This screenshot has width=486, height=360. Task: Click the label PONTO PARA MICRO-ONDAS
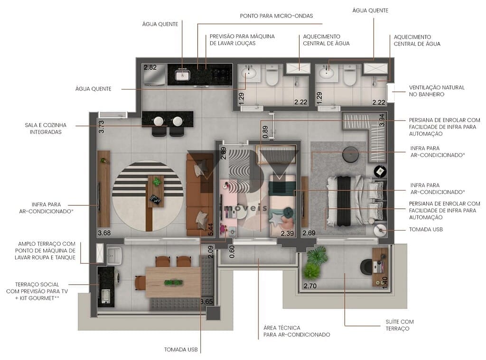[x=276, y=16]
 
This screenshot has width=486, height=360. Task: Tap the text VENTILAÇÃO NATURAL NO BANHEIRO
[x=437, y=91]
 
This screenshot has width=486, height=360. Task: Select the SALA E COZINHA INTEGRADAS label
[x=46, y=129]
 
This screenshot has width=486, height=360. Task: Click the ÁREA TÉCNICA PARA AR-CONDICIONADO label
[x=296, y=331]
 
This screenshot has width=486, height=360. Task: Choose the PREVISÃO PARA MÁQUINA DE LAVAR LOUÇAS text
[x=242, y=40]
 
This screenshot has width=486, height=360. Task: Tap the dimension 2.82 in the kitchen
[x=150, y=67]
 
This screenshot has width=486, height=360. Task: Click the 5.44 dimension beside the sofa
[x=211, y=230]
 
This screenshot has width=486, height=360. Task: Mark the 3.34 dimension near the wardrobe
[x=382, y=120]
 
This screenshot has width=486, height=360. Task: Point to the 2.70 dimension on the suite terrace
[x=310, y=286]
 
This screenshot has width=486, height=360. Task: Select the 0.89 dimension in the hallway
[x=265, y=131]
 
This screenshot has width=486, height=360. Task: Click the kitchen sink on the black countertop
[x=182, y=74]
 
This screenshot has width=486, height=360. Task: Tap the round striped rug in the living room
[x=147, y=196]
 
